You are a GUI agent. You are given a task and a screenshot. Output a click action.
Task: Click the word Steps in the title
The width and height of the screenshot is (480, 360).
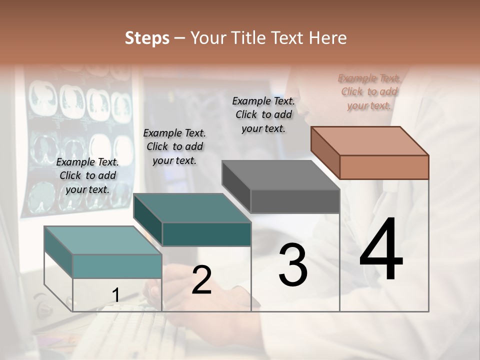147,38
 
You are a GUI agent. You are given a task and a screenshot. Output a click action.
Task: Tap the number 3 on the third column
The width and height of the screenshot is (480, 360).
293,264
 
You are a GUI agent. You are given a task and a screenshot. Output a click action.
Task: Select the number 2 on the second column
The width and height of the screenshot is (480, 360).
201,280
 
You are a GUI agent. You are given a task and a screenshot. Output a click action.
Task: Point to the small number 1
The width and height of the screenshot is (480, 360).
115,295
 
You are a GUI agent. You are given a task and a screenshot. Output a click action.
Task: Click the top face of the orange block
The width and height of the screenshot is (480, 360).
370,140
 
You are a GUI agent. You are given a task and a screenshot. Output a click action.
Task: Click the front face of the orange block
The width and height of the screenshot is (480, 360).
384,167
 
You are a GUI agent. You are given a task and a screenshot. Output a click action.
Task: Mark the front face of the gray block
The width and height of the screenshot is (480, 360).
295,201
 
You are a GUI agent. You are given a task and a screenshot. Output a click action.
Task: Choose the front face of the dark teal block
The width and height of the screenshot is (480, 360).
206,234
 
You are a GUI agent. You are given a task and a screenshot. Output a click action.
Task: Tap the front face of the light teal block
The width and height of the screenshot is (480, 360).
117,266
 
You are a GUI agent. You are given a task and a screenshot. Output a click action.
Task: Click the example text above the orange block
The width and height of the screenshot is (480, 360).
369,92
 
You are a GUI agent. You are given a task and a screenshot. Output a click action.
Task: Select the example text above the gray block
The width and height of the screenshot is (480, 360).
263,114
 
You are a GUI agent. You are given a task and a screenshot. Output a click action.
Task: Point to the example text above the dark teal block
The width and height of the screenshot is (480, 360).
174,146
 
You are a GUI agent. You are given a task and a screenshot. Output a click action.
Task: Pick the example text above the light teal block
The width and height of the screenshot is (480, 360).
87,175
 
